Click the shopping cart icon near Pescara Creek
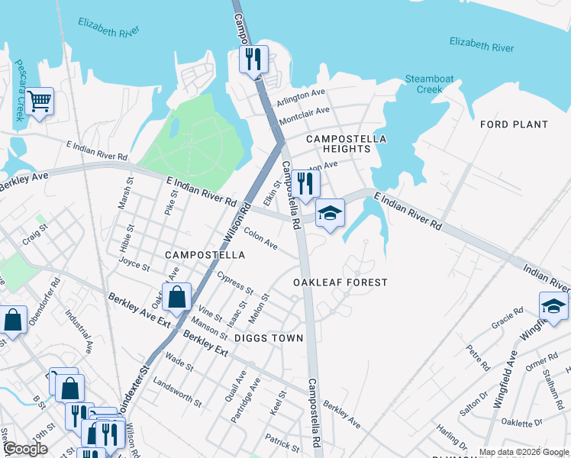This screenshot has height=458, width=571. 39,101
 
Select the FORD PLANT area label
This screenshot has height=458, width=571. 514,124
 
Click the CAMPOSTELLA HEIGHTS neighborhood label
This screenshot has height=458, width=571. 347,144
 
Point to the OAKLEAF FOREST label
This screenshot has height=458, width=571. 340,282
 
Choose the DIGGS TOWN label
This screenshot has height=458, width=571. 269,338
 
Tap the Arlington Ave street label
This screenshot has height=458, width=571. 301,98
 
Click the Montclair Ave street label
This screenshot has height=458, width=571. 304,116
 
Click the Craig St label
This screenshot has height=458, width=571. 35,233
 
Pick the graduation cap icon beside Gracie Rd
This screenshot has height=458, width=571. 553,307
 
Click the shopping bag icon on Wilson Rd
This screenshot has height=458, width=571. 176,298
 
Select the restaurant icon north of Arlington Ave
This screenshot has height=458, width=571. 253,60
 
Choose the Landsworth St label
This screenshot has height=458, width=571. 177,392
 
